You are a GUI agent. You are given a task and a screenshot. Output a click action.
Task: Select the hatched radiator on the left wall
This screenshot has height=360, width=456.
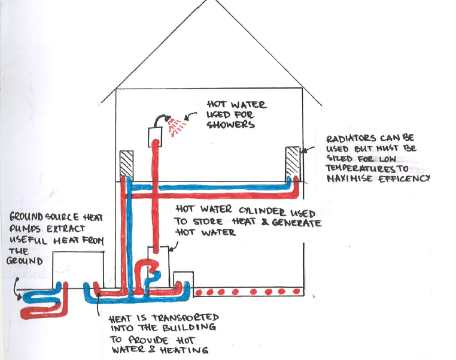coord(126,162)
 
